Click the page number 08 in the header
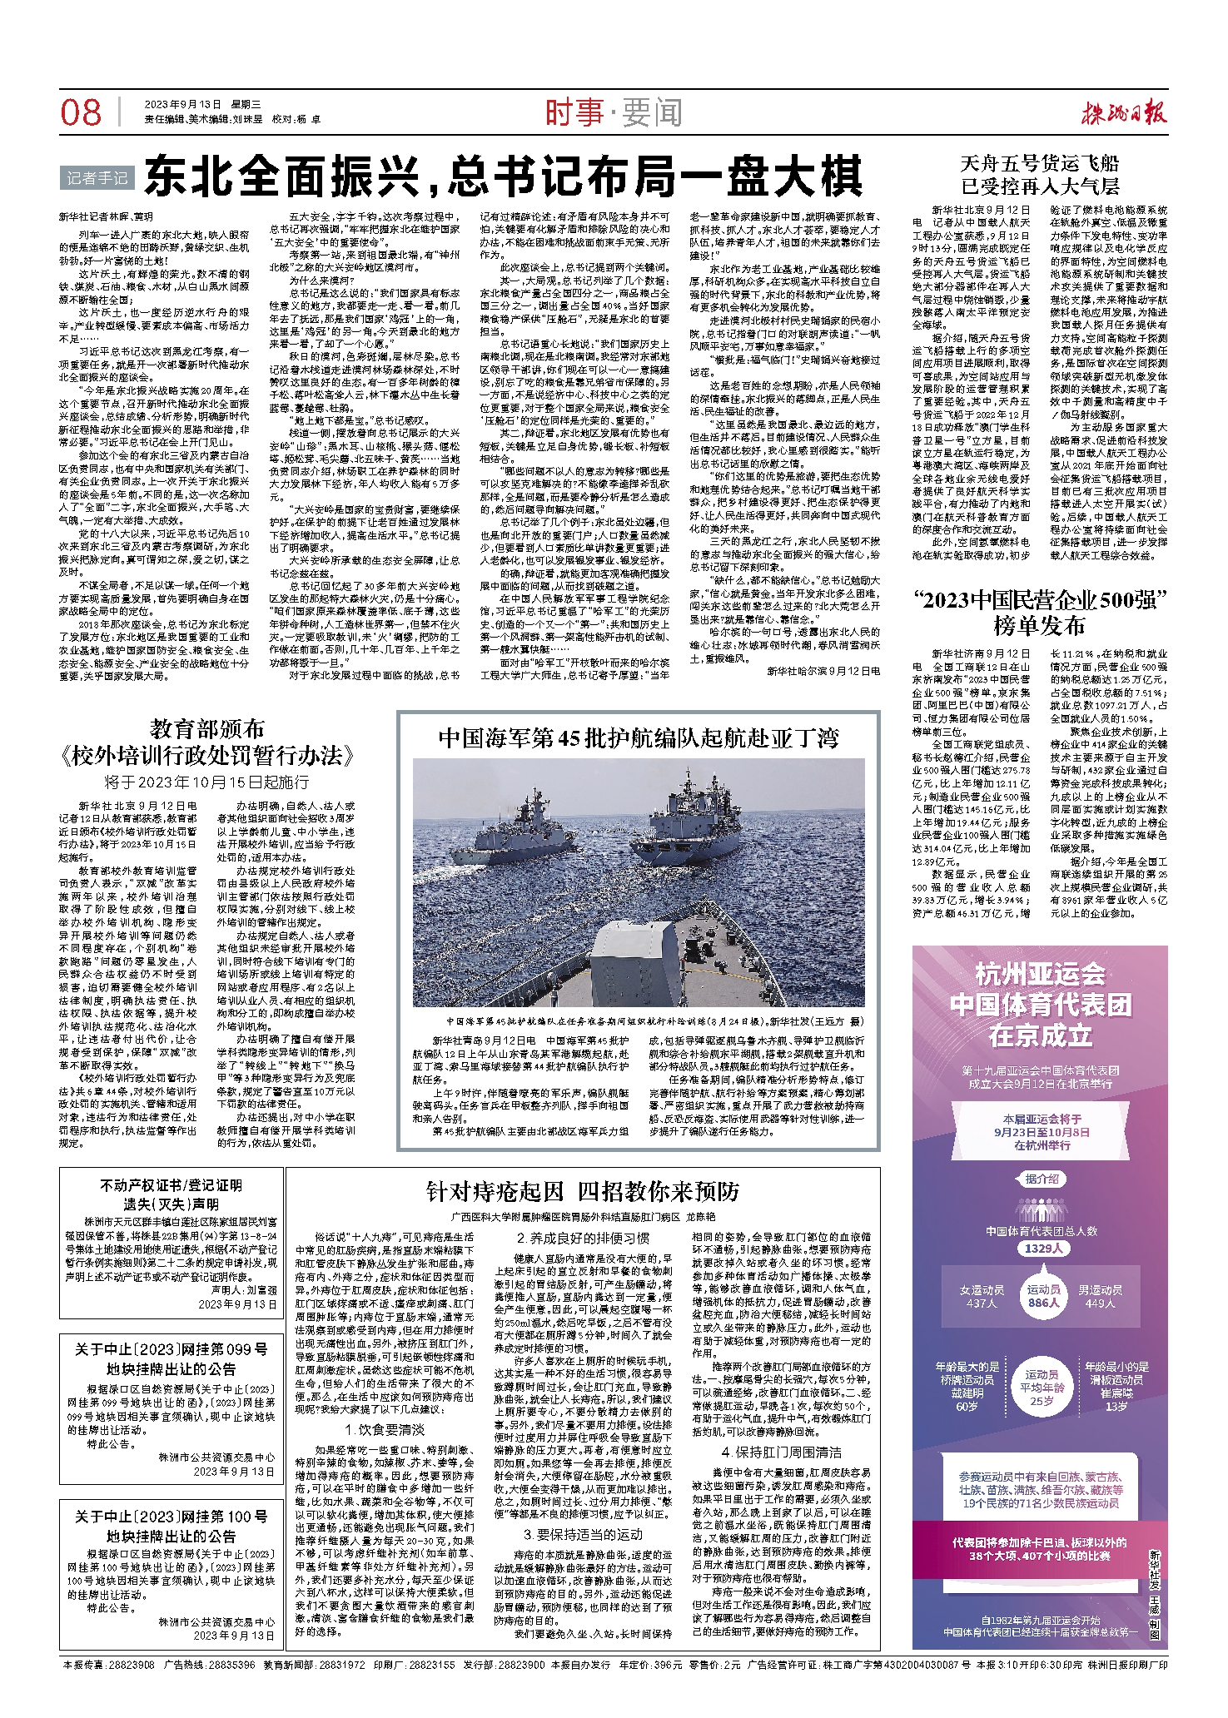click(81, 112)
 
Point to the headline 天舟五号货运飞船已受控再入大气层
click(1040, 175)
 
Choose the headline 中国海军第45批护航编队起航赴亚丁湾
click(639, 738)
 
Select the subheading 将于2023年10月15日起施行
click(206, 782)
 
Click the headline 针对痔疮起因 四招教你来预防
click(583, 1192)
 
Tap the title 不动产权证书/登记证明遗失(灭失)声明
click(172, 1194)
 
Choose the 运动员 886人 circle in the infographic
click(1044, 1296)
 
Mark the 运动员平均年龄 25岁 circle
click(1042, 1388)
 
